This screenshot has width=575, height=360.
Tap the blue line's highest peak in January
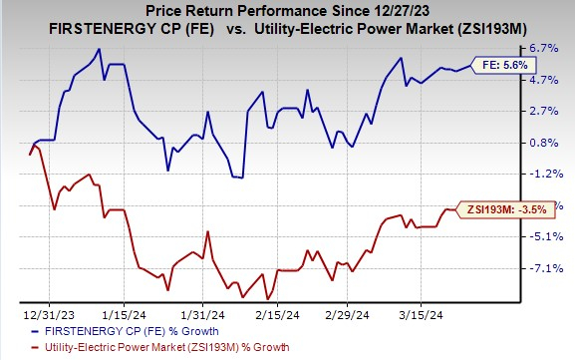click(98, 49)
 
